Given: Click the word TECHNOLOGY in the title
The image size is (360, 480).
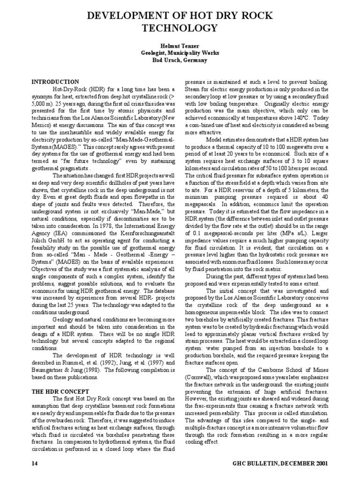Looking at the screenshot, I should click(180, 29).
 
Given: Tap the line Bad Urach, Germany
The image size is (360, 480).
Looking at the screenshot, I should click(180, 60).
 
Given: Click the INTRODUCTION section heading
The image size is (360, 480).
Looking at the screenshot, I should click(55, 82).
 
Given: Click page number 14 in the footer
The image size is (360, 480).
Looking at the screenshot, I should click(34, 464).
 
